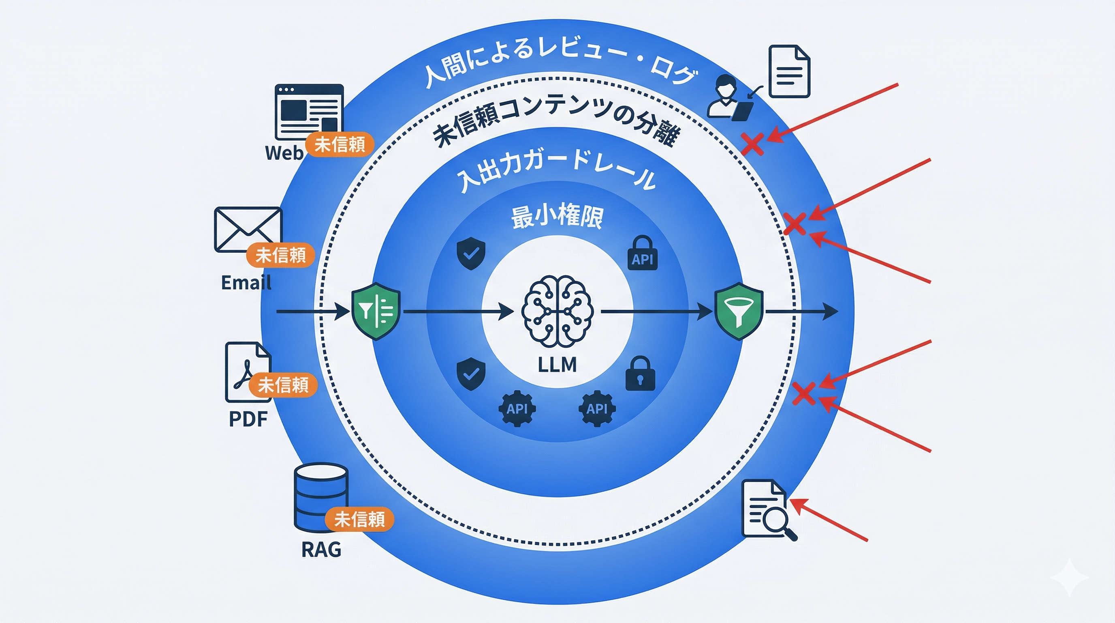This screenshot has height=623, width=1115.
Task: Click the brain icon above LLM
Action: pyautogui.click(x=557, y=311)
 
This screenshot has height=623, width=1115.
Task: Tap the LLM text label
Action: pyautogui.click(x=557, y=365)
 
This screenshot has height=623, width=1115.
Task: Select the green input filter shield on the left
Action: pyautogui.click(x=376, y=311)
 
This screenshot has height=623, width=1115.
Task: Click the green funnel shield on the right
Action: pyautogui.click(x=739, y=311)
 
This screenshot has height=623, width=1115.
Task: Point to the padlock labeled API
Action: pyautogui.click(x=642, y=253)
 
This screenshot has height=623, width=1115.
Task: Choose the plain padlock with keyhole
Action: pyautogui.click(x=640, y=374)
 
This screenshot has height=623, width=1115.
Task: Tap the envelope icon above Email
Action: pyautogui.click(x=248, y=230)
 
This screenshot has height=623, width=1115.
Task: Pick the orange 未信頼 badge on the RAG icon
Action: pyautogui.click(x=359, y=519)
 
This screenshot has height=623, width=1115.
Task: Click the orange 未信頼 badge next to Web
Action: pyautogui.click(x=340, y=144)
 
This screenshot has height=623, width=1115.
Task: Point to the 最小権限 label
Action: pyautogui.click(x=557, y=217)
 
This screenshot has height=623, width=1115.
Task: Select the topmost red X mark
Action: pyautogui.click(x=752, y=144)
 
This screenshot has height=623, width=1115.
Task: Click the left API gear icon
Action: pyautogui.click(x=517, y=408)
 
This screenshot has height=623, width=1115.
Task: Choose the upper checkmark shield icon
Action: pyautogui.click(x=471, y=253)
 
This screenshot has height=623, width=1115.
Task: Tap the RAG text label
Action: pyautogui.click(x=321, y=550)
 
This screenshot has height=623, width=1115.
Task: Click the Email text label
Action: pyautogui.click(x=246, y=283)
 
